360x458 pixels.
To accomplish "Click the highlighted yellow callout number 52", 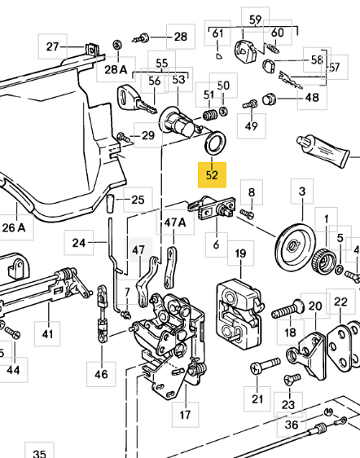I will pos(213,174).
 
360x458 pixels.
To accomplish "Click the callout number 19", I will pos(240,255).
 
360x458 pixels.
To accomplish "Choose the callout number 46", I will pos(101,375).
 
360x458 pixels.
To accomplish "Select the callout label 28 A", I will pos(116,70).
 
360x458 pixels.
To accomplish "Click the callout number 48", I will pos(313,99).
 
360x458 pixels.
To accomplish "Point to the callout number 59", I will pos(256,20).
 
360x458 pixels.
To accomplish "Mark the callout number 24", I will pos(79,243).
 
